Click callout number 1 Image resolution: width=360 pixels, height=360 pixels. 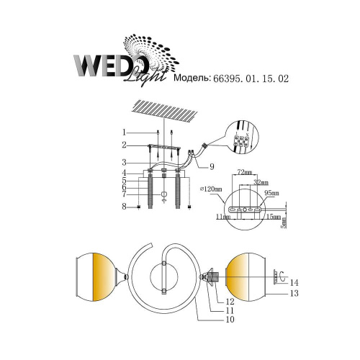pos(124,132)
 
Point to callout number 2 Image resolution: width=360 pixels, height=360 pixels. pos(124,145)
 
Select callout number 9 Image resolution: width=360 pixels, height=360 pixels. pos(212,167)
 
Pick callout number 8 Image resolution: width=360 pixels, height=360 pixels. pos(124,207)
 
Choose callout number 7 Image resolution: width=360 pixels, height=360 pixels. pos(124,194)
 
